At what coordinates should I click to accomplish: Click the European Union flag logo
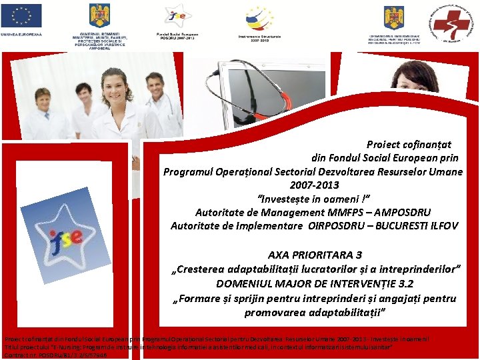pos(21,15)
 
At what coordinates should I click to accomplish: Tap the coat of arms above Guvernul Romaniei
pos(99,16)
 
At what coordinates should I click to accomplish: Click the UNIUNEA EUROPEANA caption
pos(21,33)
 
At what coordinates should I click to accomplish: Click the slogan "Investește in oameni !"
pos(313,198)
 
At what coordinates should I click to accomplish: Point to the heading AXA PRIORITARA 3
pos(315,255)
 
